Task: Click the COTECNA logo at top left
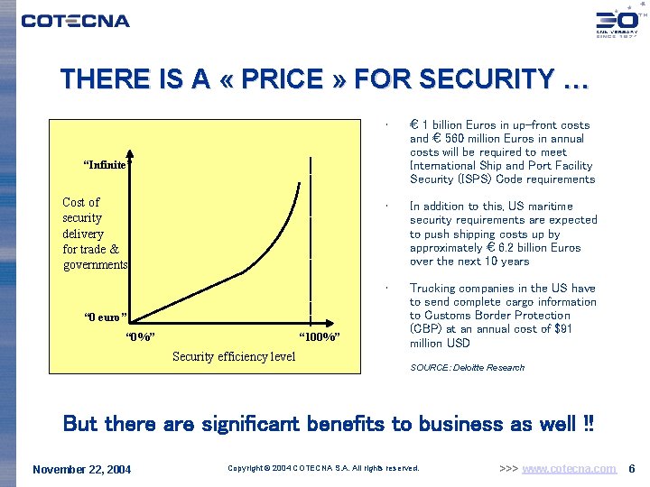[x=76, y=21]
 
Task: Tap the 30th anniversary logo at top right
[x=616, y=22]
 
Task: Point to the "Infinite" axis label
[x=105, y=164]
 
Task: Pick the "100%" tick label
[x=319, y=337]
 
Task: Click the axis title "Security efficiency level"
[x=233, y=356]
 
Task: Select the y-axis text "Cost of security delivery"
[x=94, y=233]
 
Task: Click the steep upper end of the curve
[x=297, y=194]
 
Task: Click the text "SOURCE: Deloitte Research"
[x=467, y=368]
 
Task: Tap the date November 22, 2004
[x=81, y=469]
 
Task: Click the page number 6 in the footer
[x=632, y=469]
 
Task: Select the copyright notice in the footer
[x=323, y=469]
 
